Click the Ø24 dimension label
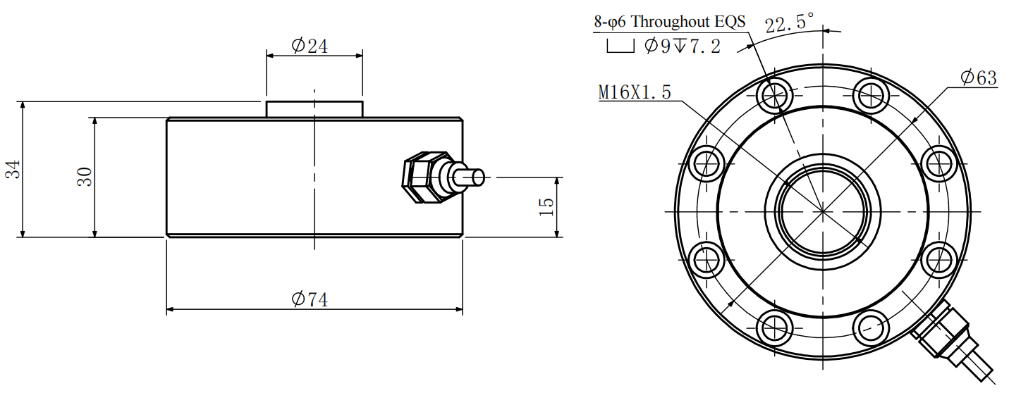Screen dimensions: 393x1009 [x=310, y=46]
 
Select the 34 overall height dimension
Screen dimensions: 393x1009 [x=13, y=170]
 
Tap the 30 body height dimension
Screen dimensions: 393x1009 [x=84, y=177]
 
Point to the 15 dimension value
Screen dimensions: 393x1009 [x=546, y=206]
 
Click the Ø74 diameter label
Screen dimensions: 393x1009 [x=310, y=299]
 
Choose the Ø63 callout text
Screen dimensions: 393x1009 [x=979, y=77]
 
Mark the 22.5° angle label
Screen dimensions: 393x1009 [x=789, y=24]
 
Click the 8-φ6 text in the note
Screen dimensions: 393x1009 [x=610, y=21]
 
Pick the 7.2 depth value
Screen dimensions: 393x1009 [x=704, y=46]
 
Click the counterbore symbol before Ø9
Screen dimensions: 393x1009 [x=620, y=47]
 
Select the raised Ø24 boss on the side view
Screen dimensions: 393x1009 [x=314, y=109]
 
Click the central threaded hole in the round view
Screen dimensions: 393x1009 [x=823, y=211]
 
